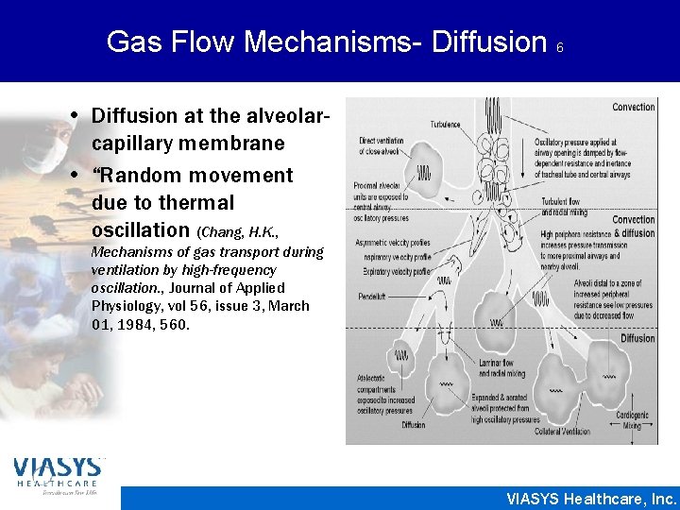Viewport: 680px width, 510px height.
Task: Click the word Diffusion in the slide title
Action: coord(491,42)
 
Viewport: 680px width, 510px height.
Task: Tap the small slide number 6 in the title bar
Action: coord(560,46)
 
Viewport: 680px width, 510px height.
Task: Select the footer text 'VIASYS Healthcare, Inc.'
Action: coord(591,498)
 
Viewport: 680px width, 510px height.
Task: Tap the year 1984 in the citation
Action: coord(136,324)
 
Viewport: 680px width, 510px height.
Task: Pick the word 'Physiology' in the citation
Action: coord(124,306)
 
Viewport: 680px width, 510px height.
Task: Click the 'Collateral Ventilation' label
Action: coord(562,432)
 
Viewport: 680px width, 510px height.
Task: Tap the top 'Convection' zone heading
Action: coord(633,108)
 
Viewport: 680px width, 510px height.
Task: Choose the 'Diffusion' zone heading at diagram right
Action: coord(637,338)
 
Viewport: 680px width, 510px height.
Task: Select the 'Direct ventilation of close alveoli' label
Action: coord(382,145)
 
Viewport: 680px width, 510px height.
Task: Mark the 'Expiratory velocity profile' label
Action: coord(396,272)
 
